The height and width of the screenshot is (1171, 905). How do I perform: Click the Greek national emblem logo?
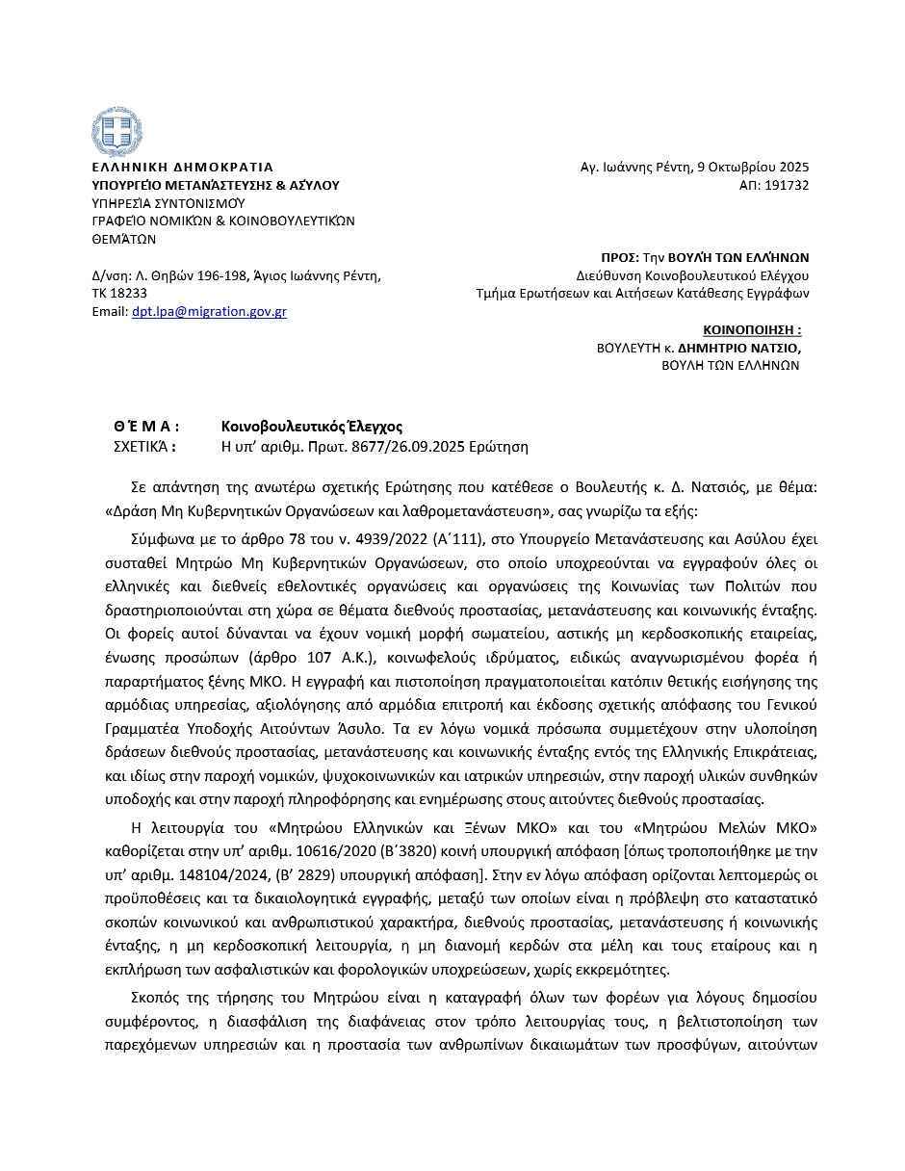(116, 132)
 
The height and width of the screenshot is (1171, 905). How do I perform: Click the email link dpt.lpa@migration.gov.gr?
(209, 312)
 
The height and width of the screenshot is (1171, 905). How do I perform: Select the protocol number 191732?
(787, 185)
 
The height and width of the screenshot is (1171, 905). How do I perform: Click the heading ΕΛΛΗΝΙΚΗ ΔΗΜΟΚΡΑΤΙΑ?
(182, 167)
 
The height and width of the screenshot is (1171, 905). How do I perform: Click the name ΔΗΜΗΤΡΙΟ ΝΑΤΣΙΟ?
(738, 348)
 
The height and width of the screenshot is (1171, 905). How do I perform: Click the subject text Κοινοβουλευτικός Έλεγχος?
(312, 427)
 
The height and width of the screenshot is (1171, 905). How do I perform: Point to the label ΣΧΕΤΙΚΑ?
(144, 447)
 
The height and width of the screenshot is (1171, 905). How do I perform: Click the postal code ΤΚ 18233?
(119, 294)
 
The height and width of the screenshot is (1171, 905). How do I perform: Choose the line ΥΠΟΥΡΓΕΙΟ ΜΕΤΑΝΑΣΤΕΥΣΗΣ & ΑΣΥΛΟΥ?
(216, 185)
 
